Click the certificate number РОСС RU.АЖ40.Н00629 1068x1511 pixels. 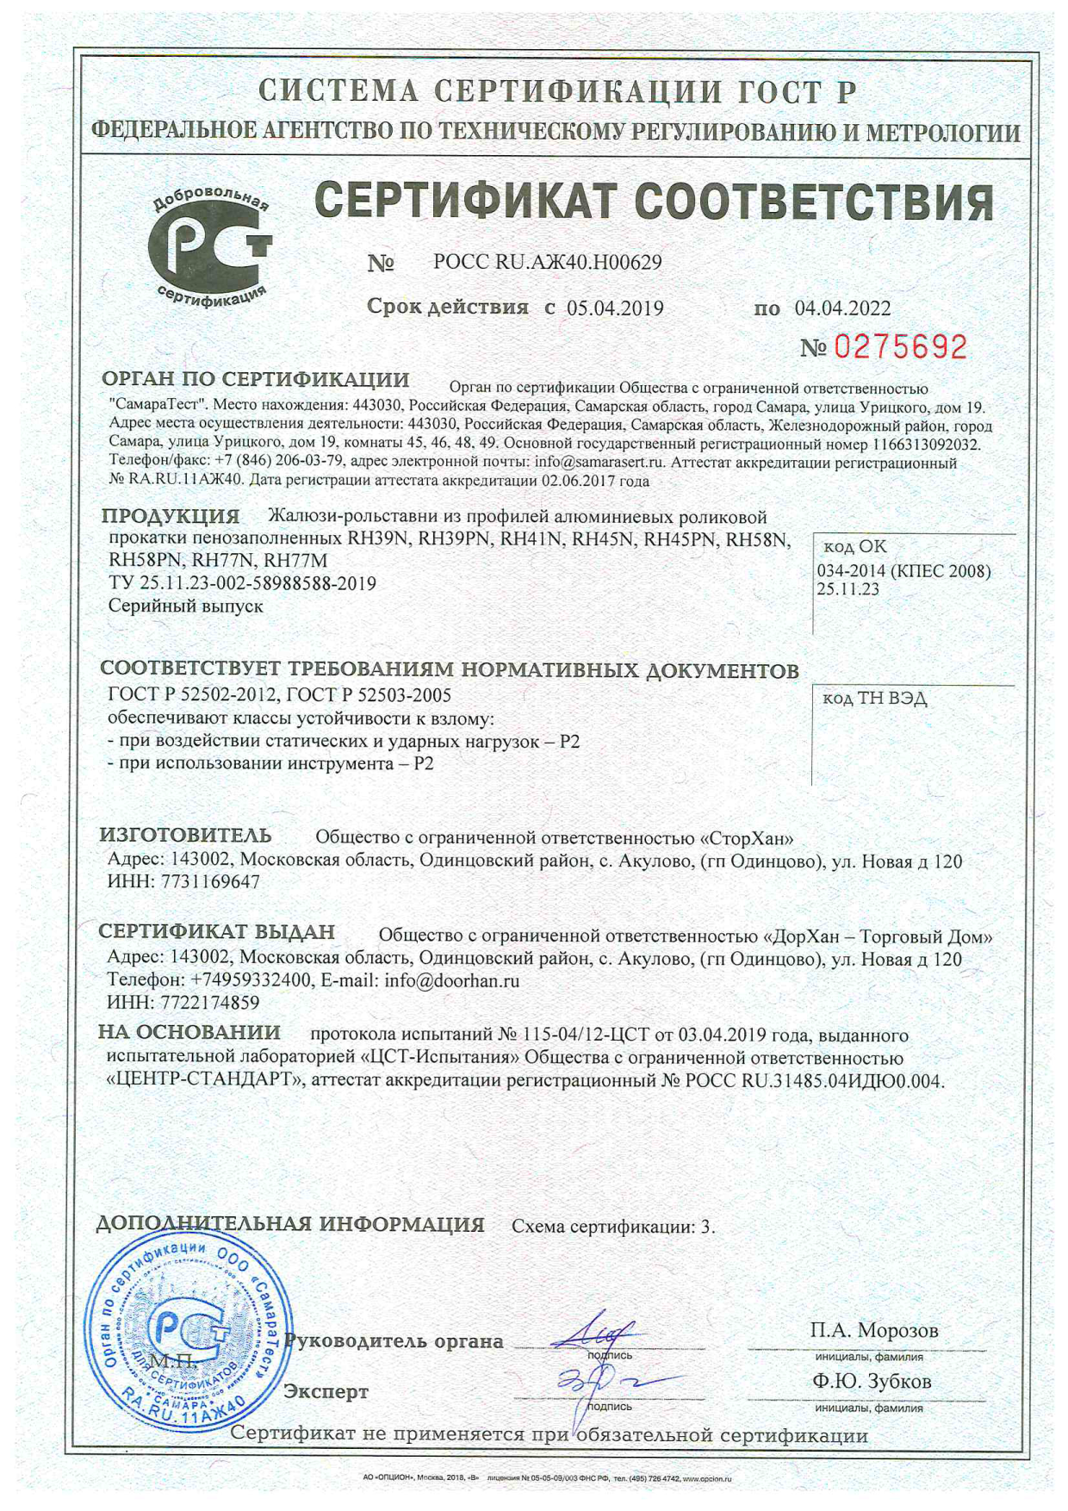tap(548, 263)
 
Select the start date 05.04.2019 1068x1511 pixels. tap(615, 308)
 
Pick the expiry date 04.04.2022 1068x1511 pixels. tap(842, 308)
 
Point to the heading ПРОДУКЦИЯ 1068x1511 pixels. tap(171, 517)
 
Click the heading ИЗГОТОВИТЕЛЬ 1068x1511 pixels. tap(185, 836)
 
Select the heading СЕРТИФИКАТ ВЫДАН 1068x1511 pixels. tap(216, 932)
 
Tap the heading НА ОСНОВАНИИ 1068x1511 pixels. tap(189, 1032)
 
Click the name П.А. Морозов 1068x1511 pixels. tap(873, 1331)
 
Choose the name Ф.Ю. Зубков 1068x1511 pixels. tap(872, 1382)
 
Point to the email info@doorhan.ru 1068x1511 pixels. tap(451, 980)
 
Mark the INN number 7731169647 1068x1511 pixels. tap(210, 882)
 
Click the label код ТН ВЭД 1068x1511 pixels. tap(874, 698)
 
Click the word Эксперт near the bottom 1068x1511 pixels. tap(326, 1392)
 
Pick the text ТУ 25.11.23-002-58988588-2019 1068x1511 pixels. tap(242, 583)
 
